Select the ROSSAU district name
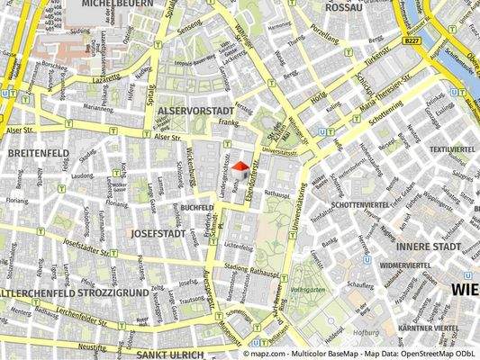tap(343, 7)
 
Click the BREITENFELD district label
tap(38, 154)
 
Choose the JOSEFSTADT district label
tap(157, 232)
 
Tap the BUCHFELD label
tap(196, 207)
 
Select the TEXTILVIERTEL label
tap(451, 148)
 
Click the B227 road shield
tap(412, 41)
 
